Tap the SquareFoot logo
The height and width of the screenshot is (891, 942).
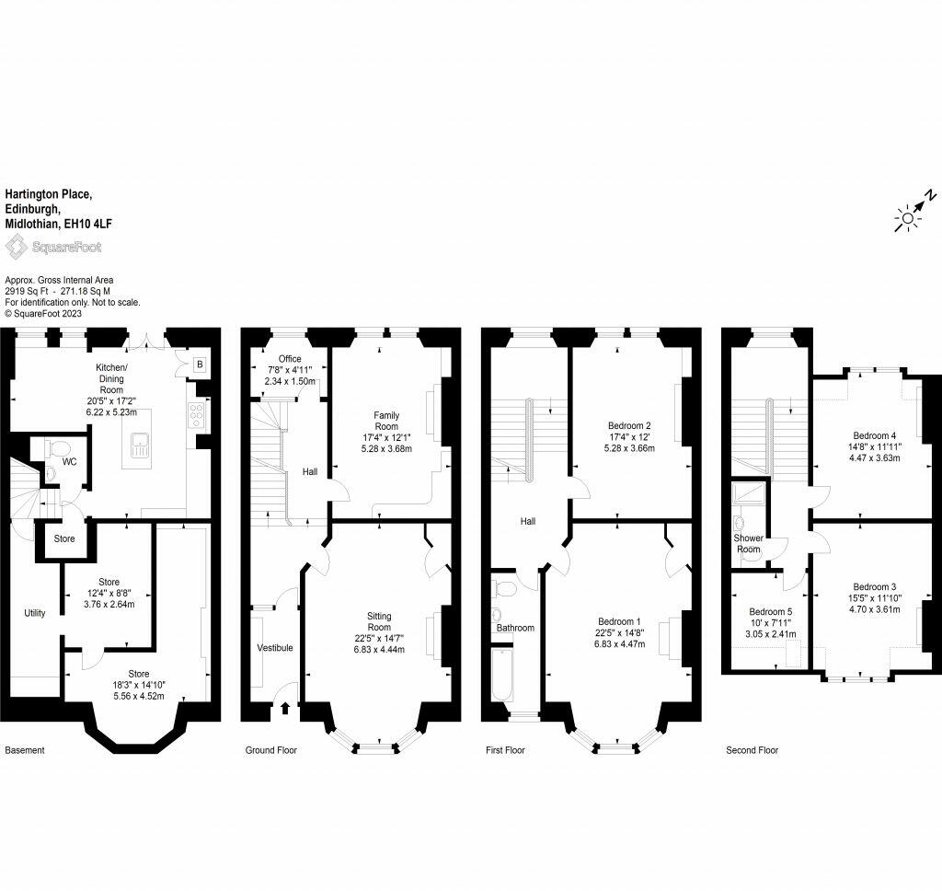(53, 247)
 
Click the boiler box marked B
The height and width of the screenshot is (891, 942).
(200, 364)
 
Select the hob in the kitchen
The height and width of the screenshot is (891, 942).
(196, 415)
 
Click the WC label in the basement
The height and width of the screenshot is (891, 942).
(70, 462)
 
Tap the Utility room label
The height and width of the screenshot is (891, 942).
(35, 613)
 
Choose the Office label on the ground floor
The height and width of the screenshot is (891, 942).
(290, 359)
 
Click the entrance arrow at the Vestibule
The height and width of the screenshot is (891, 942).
(285, 708)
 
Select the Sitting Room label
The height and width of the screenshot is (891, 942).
(379, 621)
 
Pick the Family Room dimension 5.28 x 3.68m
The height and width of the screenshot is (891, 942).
(386, 448)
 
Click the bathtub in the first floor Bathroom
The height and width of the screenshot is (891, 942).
(502, 675)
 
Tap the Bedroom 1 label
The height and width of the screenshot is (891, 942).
(619, 621)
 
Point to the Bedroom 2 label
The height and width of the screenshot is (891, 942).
(629, 425)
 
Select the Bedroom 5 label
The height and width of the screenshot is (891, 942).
(770, 611)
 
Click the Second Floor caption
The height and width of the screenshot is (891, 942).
(752, 750)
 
